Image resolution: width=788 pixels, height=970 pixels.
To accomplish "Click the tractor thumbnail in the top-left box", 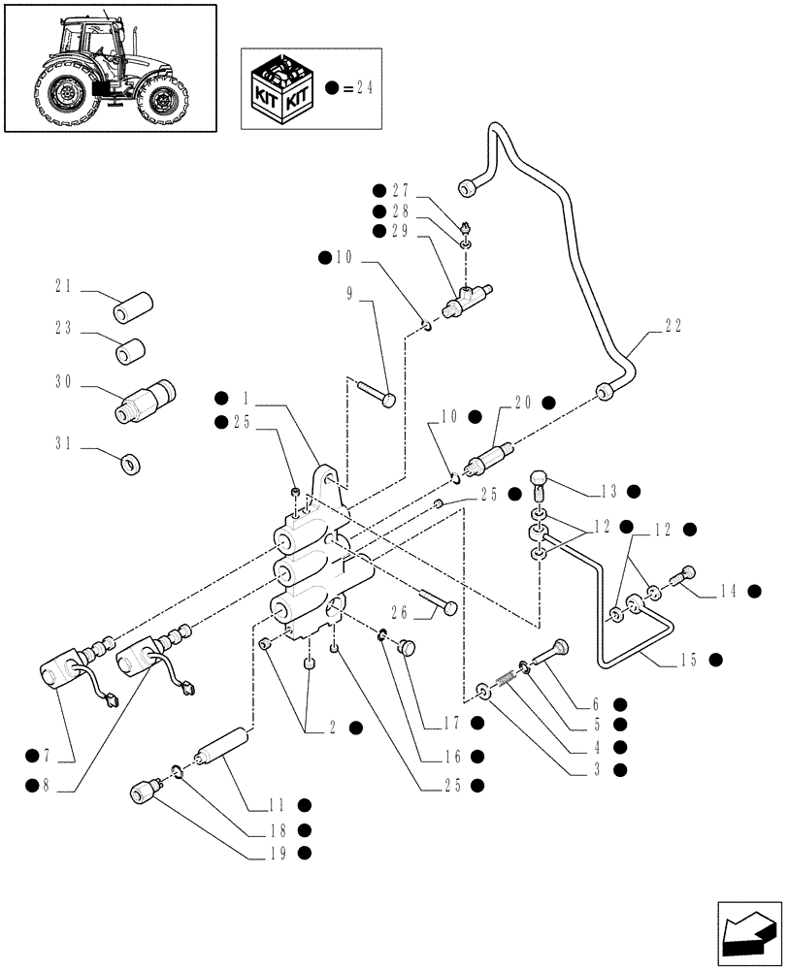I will (109, 68).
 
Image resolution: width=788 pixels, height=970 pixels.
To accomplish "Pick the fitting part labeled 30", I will (148, 399).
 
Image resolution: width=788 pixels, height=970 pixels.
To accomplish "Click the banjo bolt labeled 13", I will (541, 480).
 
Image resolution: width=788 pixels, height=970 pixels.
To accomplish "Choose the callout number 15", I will (690, 661).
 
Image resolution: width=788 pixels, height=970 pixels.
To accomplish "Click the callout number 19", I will (279, 853).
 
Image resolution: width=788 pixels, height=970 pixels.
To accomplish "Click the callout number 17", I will (450, 722).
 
